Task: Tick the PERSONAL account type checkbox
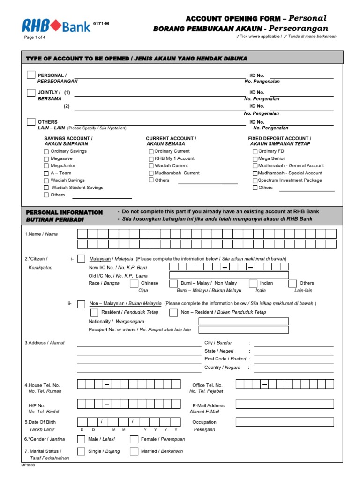(x=30, y=75)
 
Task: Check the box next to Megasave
(x=46, y=158)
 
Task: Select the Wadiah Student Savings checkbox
(x=46, y=187)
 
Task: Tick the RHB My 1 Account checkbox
(x=151, y=159)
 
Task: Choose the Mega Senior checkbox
(x=255, y=159)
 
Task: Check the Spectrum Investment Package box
(x=255, y=180)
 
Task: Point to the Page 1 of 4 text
(x=35, y=37)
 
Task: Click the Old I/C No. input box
(x=229, y=276)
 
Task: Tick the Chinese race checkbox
(x=134, y=283)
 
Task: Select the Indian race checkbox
(x=253, y=283)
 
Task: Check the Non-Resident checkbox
(x=173, y=312)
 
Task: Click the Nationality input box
(x=244, y=322)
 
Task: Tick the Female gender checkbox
(x=134, y=439)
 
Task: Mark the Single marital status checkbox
(x=81, y=451)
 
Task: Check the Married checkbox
(x=134, y=451)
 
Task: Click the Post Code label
(x=225, y=359)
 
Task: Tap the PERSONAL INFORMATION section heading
(x=64, y=212)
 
